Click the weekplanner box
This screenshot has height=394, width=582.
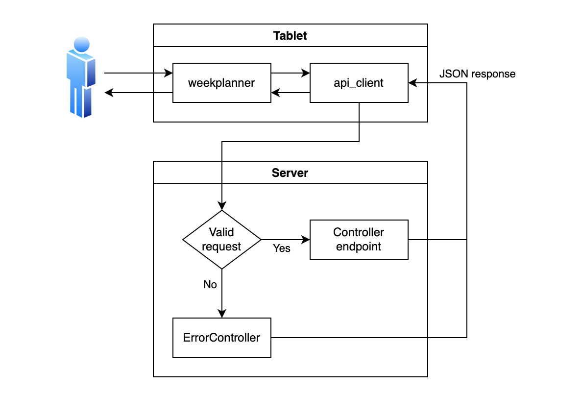(x=221, y=83)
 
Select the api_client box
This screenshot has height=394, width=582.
(x=359, y=83)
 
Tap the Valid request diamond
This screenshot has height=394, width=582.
(x=221, y=240)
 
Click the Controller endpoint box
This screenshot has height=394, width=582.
(x=359, y=240)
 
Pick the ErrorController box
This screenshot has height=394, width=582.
(x=221, y=338)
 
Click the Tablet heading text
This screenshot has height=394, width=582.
(x=290, y=36)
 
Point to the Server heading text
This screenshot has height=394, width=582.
(x=290, y=173)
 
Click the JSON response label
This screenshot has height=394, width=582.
(x=477, y=74)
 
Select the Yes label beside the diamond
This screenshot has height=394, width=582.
(x=282, y=248)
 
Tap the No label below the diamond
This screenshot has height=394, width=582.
(x=210, y=285)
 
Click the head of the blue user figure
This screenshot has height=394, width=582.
(x=81, y=43)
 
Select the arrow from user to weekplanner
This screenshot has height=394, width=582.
(x=138, y=74)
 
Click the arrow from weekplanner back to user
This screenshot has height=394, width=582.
(x=138, y=93)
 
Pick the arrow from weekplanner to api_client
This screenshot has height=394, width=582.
(x=290, y=74)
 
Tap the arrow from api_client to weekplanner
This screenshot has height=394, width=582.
(x=290, y=93)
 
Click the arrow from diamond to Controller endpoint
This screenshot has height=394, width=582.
(x=285, y=240)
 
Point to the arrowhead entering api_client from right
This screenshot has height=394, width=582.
(x=413, y=83)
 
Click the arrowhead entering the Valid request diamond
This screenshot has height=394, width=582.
(x=222, y=206)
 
